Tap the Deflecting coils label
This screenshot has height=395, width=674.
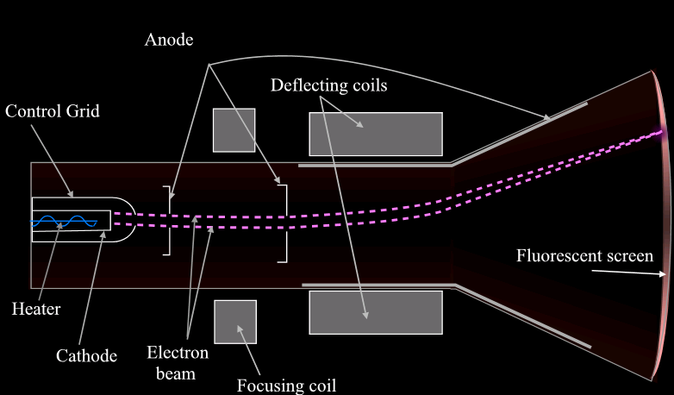pyautogui.click(x=328, y=85)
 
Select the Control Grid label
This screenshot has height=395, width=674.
pyautogui.click(x=52, y=111)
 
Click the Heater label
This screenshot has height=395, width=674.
pyautogui.click(x=37, y=309)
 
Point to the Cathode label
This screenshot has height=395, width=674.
pyautogui.click(x=86, y=354)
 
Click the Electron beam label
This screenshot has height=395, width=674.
pyautogui.click(x=178, y=362)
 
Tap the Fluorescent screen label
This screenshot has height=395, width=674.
pyautogui.click(x=584, y=256)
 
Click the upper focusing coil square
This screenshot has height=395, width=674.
pyautogui.click(x=234, y=130)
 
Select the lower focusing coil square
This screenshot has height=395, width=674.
pyautogui.click(x=234, y=322)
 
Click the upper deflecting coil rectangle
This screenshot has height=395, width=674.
pyautogui.click(x=376, y=134)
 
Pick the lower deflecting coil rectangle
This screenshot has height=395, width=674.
pyautogui.click(x=376, y=312)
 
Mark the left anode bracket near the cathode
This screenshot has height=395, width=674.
pyautogui.click(x=167, y=221)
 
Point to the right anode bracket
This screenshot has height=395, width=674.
pyautogui.click(x=282, y=221)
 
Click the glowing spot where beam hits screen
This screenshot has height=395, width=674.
pyautogui.click(x=663, y=132)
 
